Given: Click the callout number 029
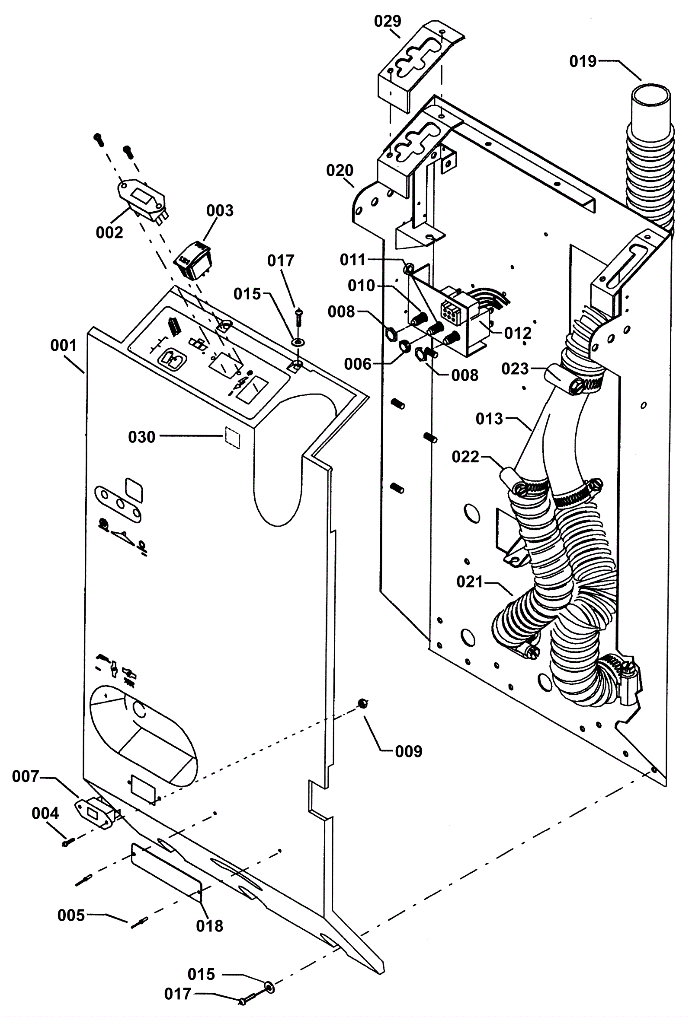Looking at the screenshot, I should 387,21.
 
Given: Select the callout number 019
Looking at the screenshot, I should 583,62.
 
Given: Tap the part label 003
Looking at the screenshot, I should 220,210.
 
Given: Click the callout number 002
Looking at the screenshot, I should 109,232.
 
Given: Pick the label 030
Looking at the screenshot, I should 141,437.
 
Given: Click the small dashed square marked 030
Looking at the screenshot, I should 233,438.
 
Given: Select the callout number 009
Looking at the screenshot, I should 408,751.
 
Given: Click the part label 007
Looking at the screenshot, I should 26,776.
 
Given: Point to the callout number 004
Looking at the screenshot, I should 45,814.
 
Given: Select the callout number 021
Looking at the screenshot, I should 470,582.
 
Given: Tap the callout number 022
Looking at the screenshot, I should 465,457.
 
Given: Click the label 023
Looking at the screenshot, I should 515,369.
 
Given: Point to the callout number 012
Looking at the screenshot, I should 518,333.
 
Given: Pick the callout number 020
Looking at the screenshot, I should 340,170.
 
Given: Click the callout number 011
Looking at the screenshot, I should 352,260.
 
